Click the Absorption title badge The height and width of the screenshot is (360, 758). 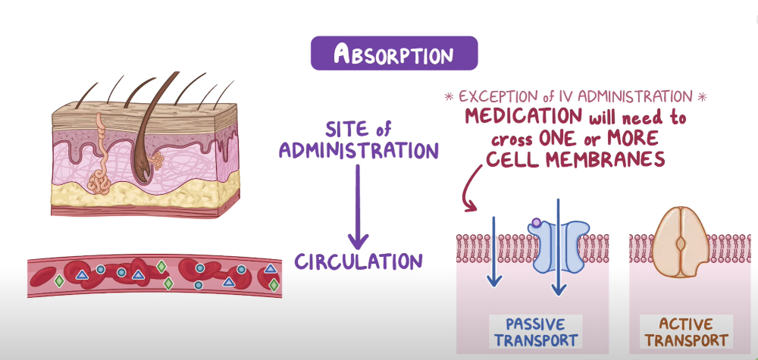[394, 55]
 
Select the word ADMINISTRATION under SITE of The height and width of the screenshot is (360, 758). [359, 150]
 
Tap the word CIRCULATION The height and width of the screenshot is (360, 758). [359, 261]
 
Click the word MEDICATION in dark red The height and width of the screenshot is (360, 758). [523, 117]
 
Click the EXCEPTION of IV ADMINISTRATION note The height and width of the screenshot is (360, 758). [577, 96]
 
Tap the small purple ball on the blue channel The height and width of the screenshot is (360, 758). [537, 223]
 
